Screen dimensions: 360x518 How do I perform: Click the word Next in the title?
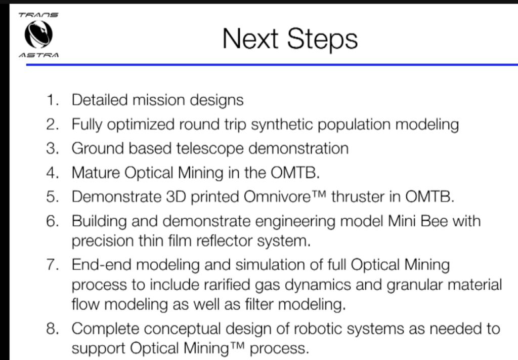250,38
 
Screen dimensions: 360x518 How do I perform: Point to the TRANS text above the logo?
38,15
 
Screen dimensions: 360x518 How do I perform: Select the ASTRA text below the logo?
38,55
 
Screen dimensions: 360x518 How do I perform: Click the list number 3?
53,148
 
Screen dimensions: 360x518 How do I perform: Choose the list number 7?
53,264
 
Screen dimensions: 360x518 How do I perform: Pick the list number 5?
53,196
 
